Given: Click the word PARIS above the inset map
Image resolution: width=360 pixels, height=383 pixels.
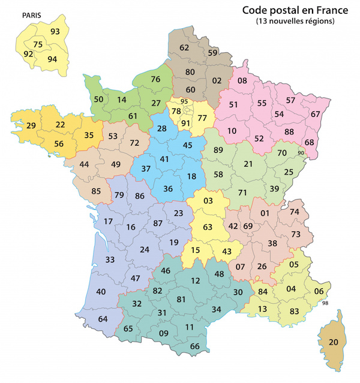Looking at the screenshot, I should tap(32, 14).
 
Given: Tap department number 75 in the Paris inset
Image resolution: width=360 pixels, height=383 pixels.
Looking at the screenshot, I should tap(38, 44).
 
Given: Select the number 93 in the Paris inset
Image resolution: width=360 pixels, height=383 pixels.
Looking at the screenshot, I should tap(55, 31).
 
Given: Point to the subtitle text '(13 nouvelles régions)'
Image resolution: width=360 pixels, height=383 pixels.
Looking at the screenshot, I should tap(295, 22).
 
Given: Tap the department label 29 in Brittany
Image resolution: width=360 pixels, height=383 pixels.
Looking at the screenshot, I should tap(31, 125).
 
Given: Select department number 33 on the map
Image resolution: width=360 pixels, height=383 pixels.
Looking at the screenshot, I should tap(110, 260).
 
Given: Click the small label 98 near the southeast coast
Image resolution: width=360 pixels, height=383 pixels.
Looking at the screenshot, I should tap(326, 303).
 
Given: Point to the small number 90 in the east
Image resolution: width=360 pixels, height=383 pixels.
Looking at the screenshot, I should tap(301, 154).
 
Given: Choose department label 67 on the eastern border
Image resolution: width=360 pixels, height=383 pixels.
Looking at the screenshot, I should tap(316, 114).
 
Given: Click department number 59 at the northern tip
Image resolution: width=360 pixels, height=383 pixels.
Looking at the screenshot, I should tap(213, 53).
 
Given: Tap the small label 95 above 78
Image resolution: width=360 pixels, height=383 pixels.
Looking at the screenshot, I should tap(184, 101).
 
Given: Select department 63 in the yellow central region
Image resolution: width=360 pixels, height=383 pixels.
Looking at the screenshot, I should tap(208, 227).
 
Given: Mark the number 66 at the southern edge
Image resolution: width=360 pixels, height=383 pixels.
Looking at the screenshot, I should tap(194, 346).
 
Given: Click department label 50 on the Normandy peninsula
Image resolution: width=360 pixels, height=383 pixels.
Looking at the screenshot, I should tap(99, 99).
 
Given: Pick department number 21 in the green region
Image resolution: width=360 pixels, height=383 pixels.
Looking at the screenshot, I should tap(248, 164).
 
